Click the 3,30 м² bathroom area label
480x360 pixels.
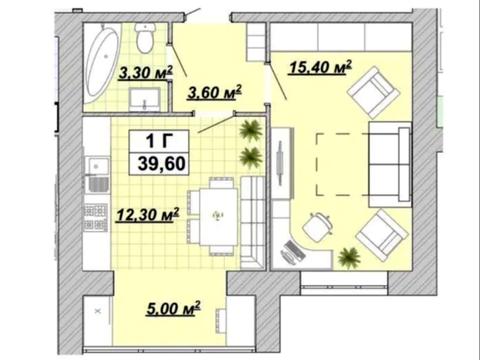tap(146, 73)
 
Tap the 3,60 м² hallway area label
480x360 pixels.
tap(215, 92)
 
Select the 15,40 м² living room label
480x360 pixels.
tap(321, 67)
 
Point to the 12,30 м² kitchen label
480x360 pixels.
tap(147, 215)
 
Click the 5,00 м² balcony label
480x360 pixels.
tap(173, 308)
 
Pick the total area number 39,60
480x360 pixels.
tap(162, 164)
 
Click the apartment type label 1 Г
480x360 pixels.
tap(159, 140)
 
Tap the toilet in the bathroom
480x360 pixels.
tap(145, 38)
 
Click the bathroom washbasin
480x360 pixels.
tap(145, 100)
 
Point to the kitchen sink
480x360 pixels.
tap(97, 166)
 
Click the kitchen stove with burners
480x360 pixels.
tap(96, 218)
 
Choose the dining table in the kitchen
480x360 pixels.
tap(219, 217)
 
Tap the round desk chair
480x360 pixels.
tap(317, 226)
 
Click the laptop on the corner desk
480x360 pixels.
tap(293, 252)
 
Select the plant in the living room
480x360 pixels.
tap(349, 257)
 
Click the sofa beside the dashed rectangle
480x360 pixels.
tap(389, 164)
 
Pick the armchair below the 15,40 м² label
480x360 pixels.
tap(373, 92)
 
